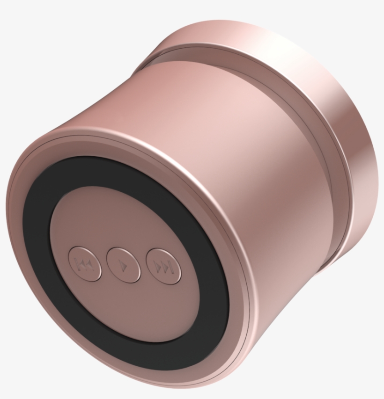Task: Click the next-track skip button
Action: tap(164, 267)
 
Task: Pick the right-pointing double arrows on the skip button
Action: tap(162, 267)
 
